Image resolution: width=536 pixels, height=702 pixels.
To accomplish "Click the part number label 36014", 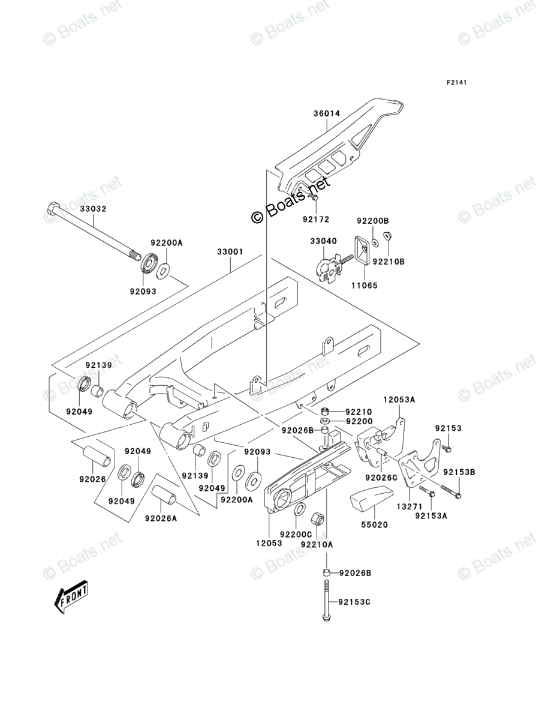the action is pos(327,114).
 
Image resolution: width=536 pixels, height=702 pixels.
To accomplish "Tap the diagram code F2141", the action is pos(456,82).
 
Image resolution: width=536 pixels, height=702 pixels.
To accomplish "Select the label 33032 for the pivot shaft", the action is pos(94,209).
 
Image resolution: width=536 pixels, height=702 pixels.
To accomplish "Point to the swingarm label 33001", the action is pos(230,252).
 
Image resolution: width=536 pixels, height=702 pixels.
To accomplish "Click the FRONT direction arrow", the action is pos(71,597).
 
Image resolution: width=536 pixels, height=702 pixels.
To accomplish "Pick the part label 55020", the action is pos(375,524).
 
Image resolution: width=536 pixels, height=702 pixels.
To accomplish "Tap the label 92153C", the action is pos(354,602).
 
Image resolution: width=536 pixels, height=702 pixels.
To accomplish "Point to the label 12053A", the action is pos(399,400).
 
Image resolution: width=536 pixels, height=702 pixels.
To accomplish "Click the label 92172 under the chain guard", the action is pos(316,220).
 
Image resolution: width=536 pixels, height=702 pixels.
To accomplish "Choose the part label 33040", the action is pos(324,241).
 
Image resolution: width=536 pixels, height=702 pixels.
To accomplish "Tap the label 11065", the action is pos(364,285).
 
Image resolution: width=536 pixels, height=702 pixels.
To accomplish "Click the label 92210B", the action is pos(389,261).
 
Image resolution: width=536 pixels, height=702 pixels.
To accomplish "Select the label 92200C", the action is pos(296,534).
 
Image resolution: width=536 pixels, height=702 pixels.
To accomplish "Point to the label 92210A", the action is pos(317,544).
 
